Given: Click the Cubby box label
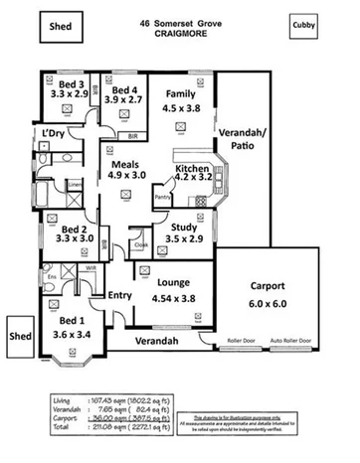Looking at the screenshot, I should coord(305,22).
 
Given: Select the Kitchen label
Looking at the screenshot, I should coord(192,169).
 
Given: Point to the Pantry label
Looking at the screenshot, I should coord(163,198).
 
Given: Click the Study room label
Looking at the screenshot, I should coord(180,228).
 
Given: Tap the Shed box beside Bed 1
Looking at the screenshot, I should coord(22,336).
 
